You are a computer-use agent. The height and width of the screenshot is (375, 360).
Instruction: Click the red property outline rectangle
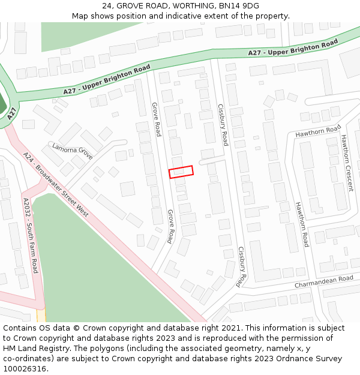181,172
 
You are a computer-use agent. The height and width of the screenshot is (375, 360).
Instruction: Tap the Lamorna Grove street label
72,151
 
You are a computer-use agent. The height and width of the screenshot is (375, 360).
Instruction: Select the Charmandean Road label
323,281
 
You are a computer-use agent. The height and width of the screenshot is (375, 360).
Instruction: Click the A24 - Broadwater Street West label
55,184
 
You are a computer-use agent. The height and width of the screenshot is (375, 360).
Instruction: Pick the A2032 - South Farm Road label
30,235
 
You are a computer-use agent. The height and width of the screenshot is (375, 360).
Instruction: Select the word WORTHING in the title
187,5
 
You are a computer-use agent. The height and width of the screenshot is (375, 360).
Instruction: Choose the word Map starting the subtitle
80,16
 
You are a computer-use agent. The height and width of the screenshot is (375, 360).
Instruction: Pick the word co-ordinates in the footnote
27,359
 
